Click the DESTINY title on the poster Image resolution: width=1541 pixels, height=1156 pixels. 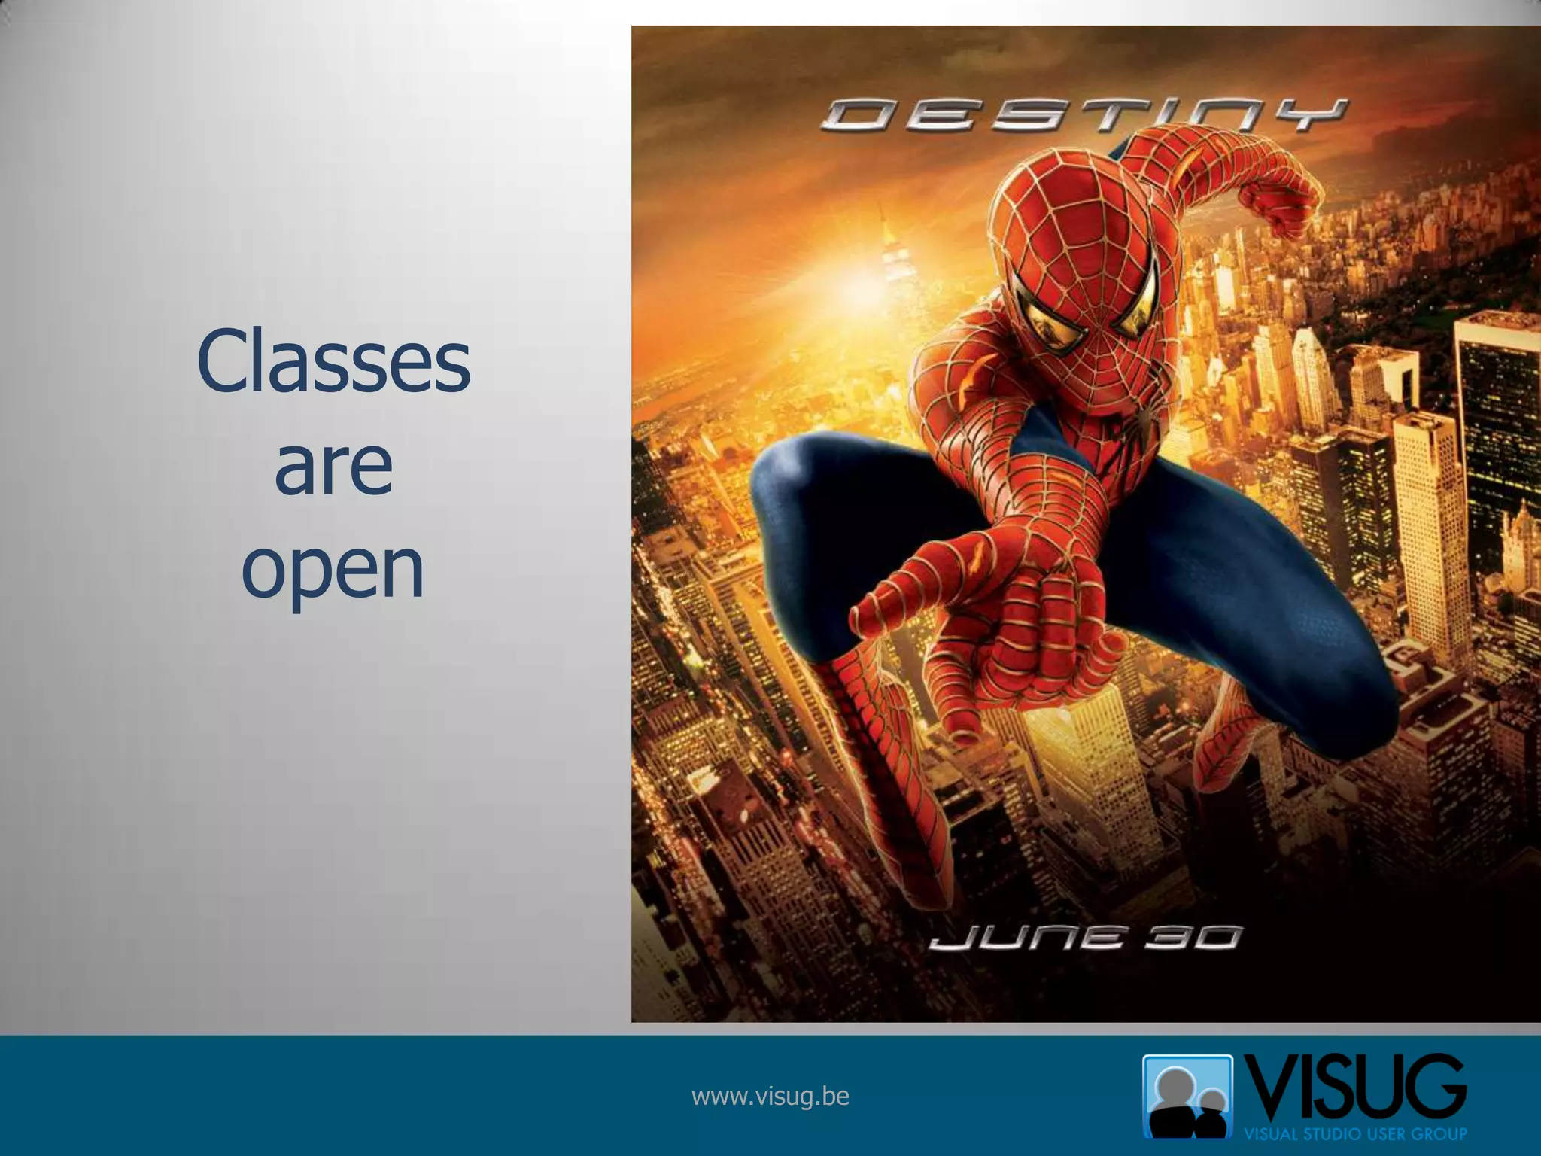[1084, 117]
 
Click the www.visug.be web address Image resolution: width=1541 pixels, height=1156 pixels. [770, 1097]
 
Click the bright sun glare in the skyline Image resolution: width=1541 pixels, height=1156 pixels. [850, 278]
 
